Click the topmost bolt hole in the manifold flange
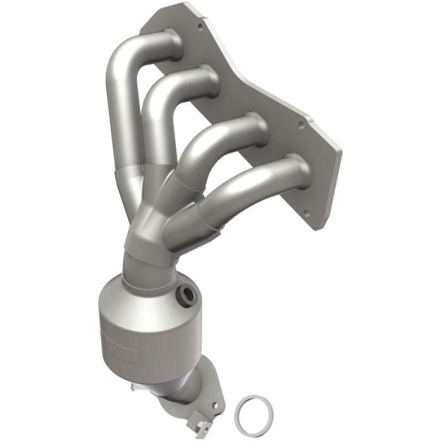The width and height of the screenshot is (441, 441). [x=200, y=26]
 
